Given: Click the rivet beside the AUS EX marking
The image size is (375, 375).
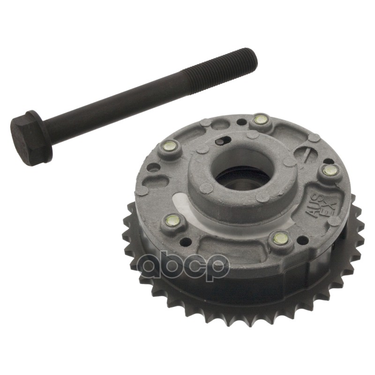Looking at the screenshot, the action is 330,170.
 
